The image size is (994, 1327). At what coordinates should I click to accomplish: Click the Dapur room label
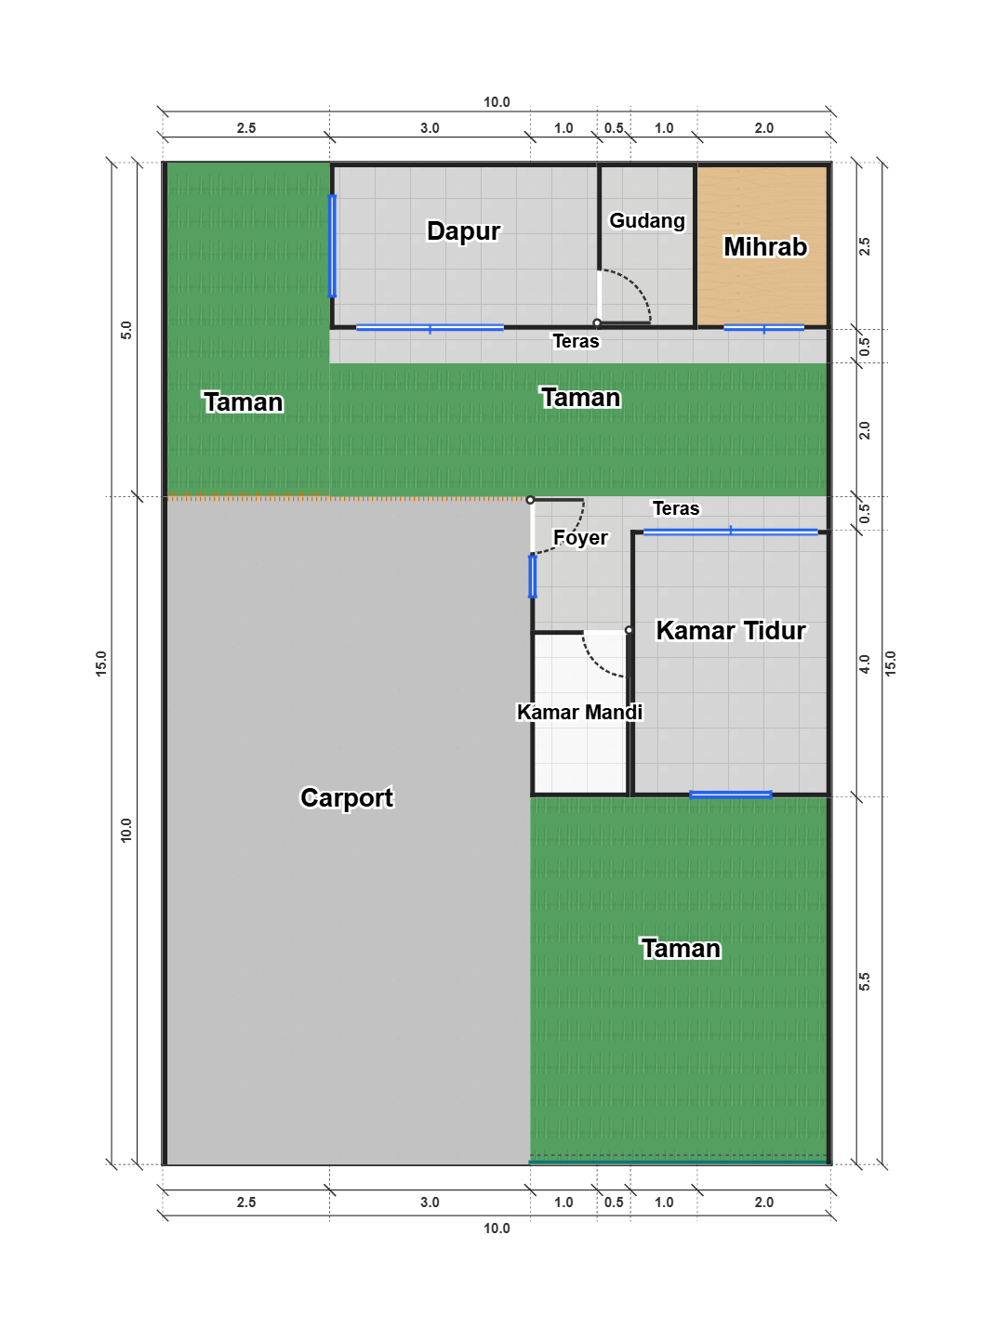point(463,231)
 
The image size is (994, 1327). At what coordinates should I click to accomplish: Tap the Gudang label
point(647,220)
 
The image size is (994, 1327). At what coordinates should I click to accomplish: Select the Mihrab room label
point(765,246)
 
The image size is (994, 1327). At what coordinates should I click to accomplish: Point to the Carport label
point(347,798)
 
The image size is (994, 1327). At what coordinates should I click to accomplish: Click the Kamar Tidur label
point(731,631)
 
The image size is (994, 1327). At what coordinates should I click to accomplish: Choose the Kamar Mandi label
point(579,712)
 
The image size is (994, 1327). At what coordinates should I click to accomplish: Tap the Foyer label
point(580,537)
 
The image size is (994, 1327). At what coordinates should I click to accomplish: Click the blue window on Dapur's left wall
point(332,246)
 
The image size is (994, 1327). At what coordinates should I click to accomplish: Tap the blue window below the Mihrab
point(764,328)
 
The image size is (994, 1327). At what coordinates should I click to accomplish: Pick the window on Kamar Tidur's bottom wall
point(731,795)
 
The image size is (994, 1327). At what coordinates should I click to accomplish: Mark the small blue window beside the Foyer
point(533,577)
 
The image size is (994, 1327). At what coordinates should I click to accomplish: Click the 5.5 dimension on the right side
point(865,981)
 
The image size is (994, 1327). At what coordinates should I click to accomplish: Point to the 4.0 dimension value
point(865,663)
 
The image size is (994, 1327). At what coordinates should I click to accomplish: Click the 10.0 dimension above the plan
point(497,102)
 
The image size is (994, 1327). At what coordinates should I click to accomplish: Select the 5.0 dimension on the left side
point(126,330)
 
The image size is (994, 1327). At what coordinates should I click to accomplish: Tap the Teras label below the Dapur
point(576,342)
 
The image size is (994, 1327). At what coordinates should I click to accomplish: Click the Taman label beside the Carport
point(681,949)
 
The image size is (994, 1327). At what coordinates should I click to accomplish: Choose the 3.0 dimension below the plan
point(430,1202)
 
